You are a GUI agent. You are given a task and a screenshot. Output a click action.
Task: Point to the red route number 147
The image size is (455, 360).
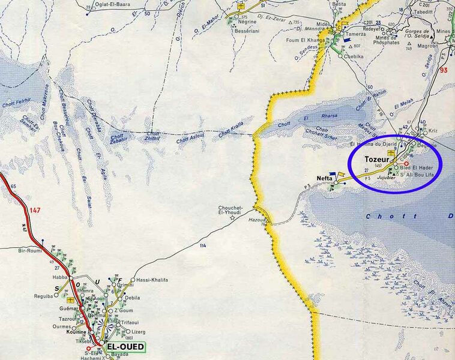(35, 211)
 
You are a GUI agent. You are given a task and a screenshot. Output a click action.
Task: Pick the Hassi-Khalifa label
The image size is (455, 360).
(151, 280)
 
